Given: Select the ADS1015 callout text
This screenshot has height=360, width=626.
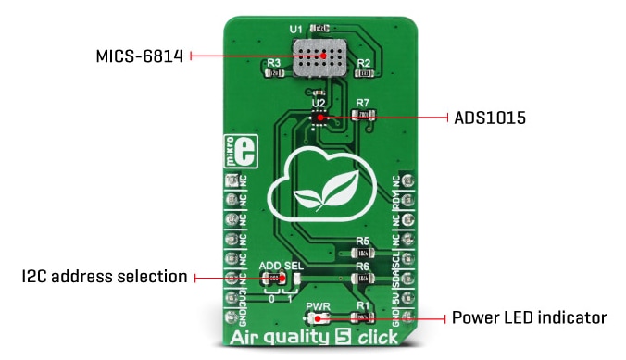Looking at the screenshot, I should coord(489,118).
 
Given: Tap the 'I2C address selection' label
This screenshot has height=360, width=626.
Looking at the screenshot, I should coord(105,278).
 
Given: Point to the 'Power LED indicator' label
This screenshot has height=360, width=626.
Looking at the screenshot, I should coord(529,318).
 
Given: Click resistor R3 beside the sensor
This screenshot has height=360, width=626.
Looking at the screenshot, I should coord(275,77).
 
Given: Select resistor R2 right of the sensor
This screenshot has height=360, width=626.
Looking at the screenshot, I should coord(364,77).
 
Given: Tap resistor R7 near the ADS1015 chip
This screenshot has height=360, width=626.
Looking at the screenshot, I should coord(365,116).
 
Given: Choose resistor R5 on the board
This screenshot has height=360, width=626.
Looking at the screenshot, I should coord(363,253).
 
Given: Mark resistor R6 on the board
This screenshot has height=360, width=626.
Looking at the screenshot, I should coord(363,278).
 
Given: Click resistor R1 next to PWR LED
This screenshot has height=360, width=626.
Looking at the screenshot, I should coord(363,317).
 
